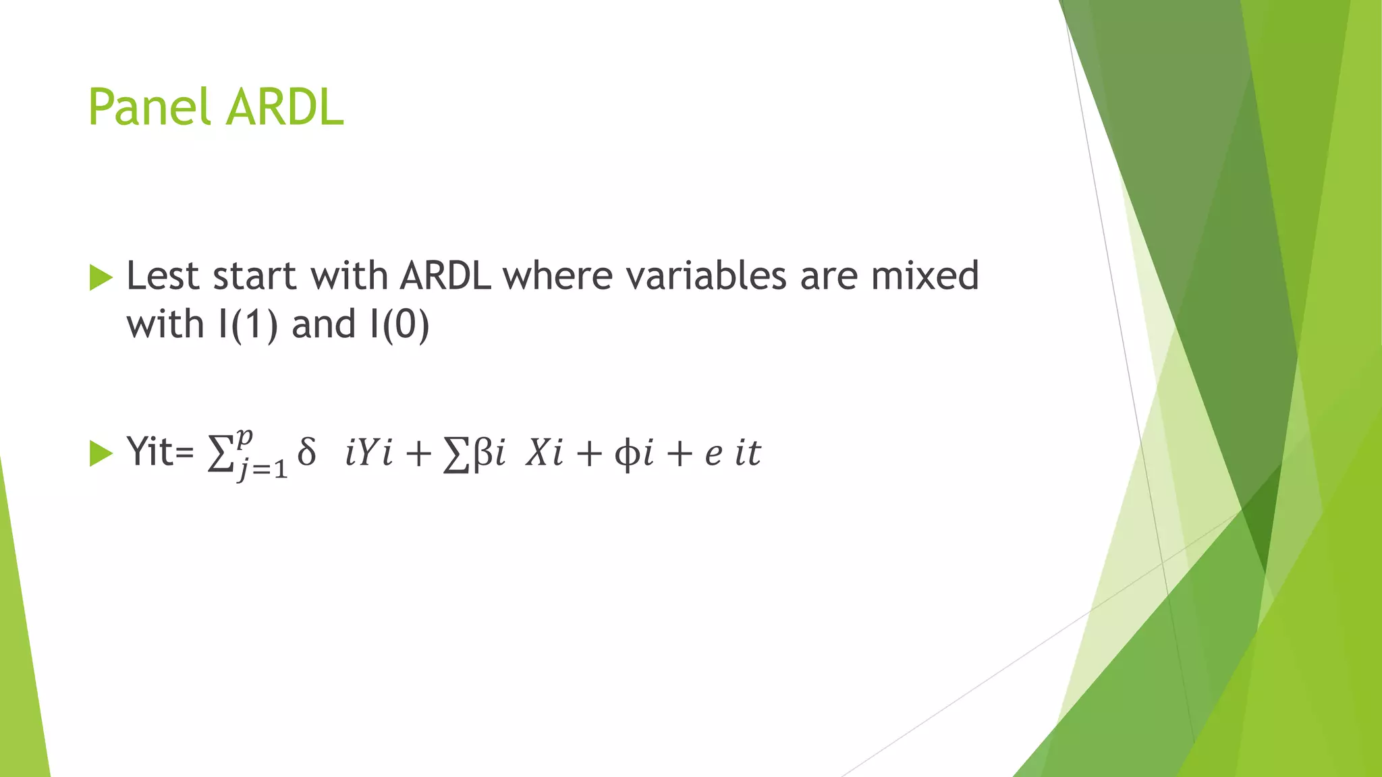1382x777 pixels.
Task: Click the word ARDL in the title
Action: click(285, 108)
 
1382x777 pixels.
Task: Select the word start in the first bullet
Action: click(254, 277)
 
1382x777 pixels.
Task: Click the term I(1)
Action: click(248, 324)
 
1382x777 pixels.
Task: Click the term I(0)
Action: click(399, 324)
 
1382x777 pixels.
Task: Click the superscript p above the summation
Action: click(244, 437)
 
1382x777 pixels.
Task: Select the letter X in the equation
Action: click(538, 452)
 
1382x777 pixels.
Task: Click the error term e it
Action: click(732, 453)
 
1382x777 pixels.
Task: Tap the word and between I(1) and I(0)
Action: click(323, 324)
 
